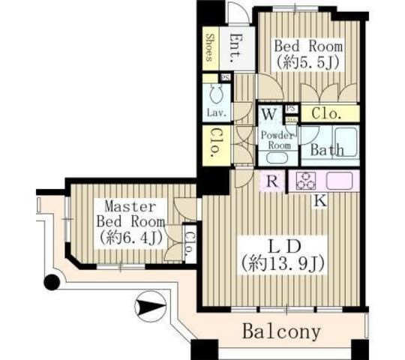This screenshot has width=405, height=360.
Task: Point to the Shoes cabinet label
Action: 210,49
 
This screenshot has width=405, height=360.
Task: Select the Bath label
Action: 327,150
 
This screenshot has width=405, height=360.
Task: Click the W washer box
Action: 267,115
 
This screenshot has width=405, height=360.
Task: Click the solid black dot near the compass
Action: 51,283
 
